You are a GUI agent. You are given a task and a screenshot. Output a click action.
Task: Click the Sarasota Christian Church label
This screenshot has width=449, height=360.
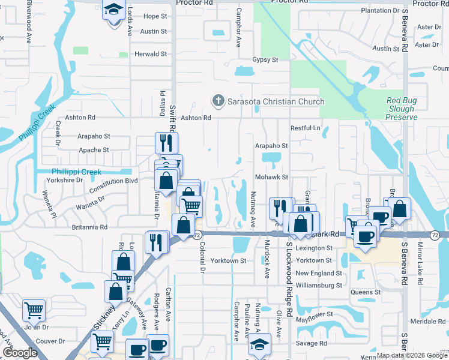coord(276,101)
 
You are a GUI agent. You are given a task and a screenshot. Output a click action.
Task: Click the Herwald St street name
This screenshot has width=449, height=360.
coord(151,54)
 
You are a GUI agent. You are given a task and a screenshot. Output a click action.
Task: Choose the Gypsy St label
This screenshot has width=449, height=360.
coord(265,60)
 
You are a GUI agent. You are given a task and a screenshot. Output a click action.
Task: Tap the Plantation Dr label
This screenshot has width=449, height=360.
coord(380,11)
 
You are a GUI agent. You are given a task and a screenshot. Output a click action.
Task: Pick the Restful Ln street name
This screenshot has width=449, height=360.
coord(305,128)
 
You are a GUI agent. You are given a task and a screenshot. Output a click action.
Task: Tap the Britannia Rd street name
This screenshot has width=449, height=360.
coord(88,227)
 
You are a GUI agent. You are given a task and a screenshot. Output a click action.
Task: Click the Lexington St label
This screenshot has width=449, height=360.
coord(314,248)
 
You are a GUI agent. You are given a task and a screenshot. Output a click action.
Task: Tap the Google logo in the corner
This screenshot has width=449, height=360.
coord(20,352)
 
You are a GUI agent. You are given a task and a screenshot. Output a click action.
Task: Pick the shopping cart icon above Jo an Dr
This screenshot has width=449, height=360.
coord(34,310)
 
